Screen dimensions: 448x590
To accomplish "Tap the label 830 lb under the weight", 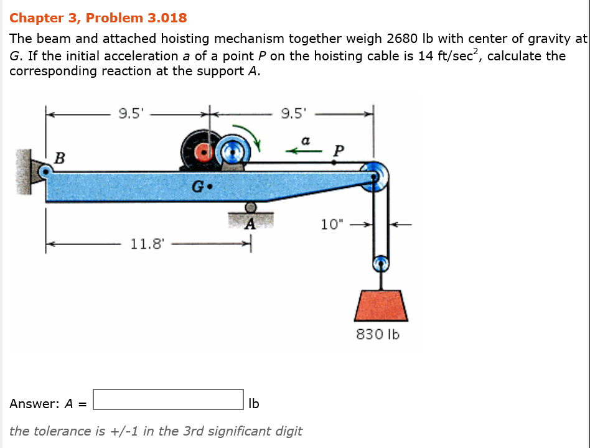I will pyautogui.click(x=378, y=334).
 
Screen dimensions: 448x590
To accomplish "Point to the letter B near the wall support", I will pyautogui.click(x=59, y=158).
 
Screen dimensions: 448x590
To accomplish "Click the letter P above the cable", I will pyautogui.click(x=338, y=149).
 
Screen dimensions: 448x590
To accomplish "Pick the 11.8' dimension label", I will pyautogui.click(x=147, y=243).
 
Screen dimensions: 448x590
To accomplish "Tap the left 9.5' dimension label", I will pyautogui.click(x=131, y=113).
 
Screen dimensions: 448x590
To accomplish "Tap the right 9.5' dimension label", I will pyautogui.click(x=294, y=113).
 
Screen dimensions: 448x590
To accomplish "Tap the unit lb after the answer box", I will pyautogui.click(x=253, y=403).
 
